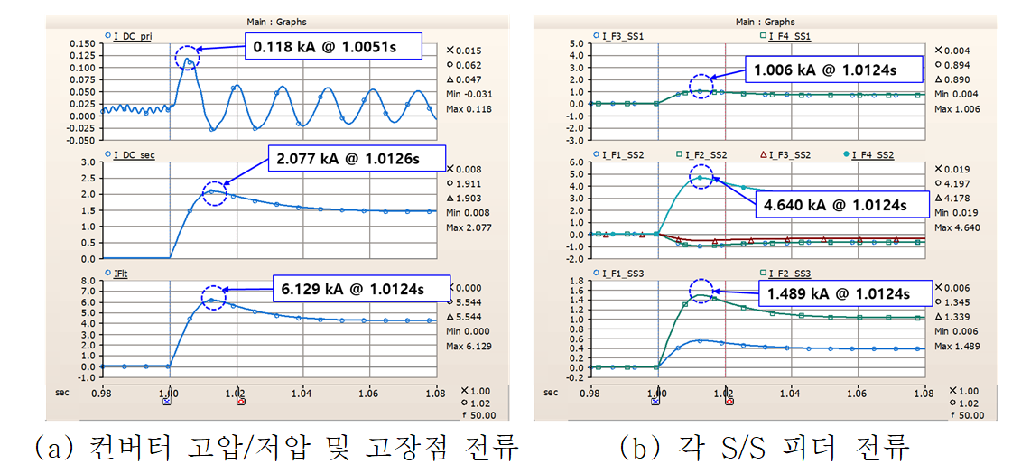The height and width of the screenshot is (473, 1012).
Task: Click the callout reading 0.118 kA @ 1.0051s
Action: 332,47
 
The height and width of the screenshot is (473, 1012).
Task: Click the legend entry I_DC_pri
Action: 132,35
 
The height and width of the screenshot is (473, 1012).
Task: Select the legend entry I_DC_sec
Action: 132,155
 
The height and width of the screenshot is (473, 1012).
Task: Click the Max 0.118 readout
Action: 467,110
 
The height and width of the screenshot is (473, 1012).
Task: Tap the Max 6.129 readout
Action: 467,346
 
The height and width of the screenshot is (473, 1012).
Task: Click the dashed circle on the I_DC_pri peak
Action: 188,57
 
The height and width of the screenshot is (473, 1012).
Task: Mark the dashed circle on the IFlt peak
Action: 213,297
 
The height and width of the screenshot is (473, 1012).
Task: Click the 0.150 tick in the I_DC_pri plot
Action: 82,43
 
